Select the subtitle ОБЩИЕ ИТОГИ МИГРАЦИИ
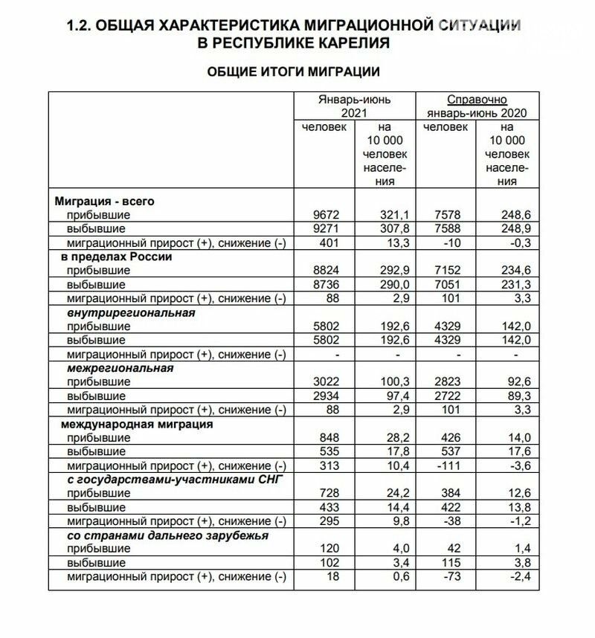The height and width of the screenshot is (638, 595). tap(293, 72)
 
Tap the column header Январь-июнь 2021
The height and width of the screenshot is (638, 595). tap(354, 106)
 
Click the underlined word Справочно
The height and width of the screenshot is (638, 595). tap(477, 99)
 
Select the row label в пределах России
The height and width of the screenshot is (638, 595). tap(117, 257)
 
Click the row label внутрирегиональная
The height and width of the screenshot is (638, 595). tap(131, 312)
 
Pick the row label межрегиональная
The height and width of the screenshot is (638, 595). tap(120, 368)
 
